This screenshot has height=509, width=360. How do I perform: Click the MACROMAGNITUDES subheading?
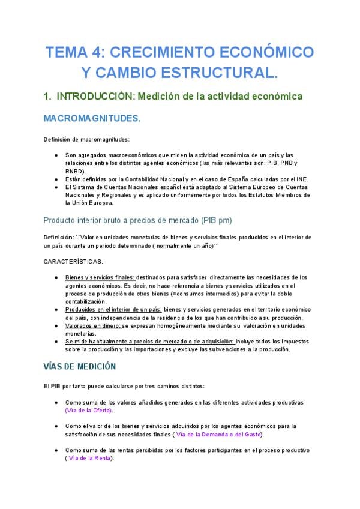tap(92, 118)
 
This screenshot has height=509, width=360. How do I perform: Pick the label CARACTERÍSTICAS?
tap(73, 261)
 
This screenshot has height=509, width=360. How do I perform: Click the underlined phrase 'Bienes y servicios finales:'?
tap(100, 277)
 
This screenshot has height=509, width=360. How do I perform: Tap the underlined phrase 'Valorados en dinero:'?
tap(93, 326)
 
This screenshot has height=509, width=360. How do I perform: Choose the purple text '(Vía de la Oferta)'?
tap(89, 411)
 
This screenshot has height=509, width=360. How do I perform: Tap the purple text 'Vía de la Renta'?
tap(89, 458)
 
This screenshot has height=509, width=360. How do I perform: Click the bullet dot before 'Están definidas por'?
tap(56, 179)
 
